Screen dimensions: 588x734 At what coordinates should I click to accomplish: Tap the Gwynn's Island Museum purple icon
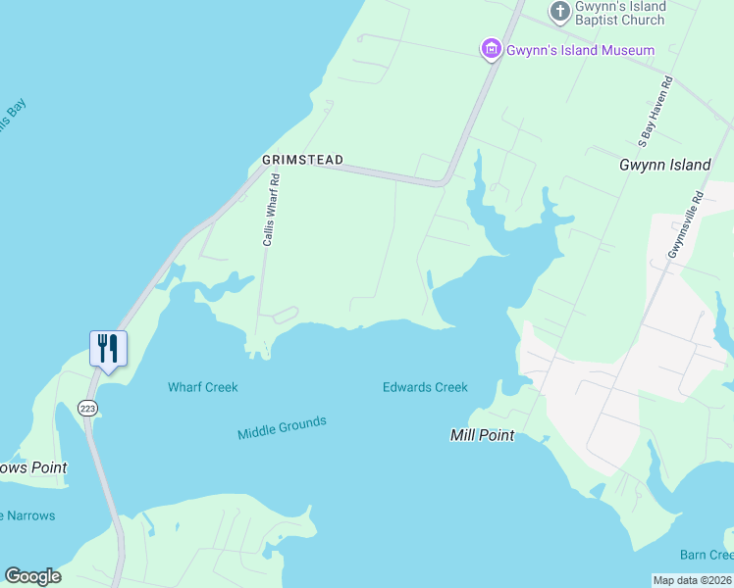(x=491, y=49)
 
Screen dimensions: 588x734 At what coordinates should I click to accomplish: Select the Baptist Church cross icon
(x=560, y=12)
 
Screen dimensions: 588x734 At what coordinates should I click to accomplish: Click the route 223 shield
(x=88, y=407)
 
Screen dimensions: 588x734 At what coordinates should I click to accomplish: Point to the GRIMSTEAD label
(x=302, y=160)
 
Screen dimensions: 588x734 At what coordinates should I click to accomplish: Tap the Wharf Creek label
(x=203, y=387)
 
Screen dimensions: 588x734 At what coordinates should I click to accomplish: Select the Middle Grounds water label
(x=282, y=427)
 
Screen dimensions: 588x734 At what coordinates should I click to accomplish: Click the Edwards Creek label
(x=425, y=387)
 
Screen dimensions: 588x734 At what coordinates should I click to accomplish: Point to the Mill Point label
(x=482, y=435)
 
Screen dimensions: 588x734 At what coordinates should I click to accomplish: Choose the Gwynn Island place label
(x=664, y=165)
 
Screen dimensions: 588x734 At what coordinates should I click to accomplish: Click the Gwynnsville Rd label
(x=686, y=224)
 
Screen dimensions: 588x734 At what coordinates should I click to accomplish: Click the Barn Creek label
(x=707, y=556)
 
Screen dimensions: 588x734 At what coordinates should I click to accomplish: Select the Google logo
(x=32, y=576)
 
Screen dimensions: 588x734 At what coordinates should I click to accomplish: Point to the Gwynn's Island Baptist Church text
(x=620, y=14)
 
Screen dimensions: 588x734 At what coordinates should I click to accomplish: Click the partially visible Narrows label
(x=27, y=515)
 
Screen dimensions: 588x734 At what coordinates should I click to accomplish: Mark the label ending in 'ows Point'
(x=33, y=467)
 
